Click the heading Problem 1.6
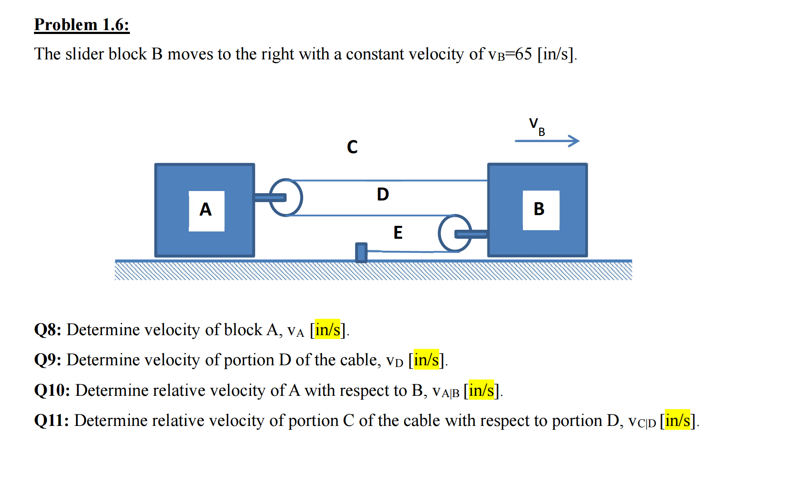coord(82,25)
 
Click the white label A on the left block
coord(206,210)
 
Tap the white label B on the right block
coord(541,210)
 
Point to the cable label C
coord(352,147)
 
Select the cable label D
coord(383,194)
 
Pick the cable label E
coord(398,233)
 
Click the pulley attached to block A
coord(286,197)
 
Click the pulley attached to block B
coord(455,233)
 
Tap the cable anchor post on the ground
coord(361,253)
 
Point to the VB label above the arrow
coord(536,126)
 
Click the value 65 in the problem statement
coord(523,54)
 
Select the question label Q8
coord(47,330)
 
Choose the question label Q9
coord(47,360)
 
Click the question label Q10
coord(52,391)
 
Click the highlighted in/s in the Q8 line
coord(328,330)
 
